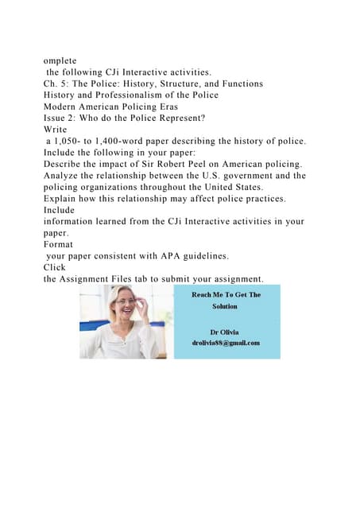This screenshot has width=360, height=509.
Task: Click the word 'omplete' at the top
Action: click(x=62, y=58)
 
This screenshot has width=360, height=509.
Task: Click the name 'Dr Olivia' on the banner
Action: click(x=226, y=331)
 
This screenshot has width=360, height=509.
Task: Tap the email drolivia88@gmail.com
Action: click(x=226, y=343)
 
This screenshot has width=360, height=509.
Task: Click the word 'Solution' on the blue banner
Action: click(x=226, y=305)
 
